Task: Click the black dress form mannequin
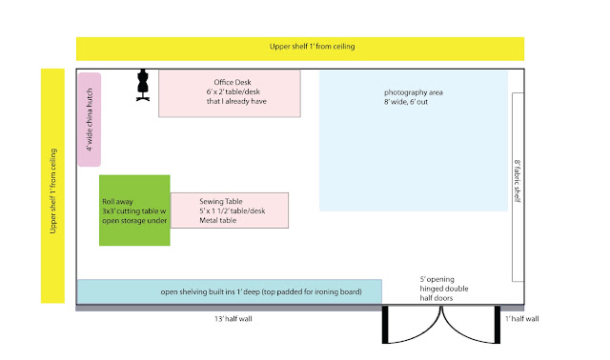[143, 85]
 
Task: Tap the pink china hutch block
[90, 119]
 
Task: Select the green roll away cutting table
[134, 210]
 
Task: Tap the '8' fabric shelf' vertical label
[518, 181]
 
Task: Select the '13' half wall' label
[234, 319]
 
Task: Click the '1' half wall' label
[522, 319]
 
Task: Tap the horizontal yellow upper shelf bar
[300, 49]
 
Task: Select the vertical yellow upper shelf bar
[53, 186]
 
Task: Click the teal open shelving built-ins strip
[230, 291]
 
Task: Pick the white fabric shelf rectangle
[518, 187]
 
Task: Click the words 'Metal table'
[218, 220]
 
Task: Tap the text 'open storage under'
[134, 220]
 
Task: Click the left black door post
[385, 325]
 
